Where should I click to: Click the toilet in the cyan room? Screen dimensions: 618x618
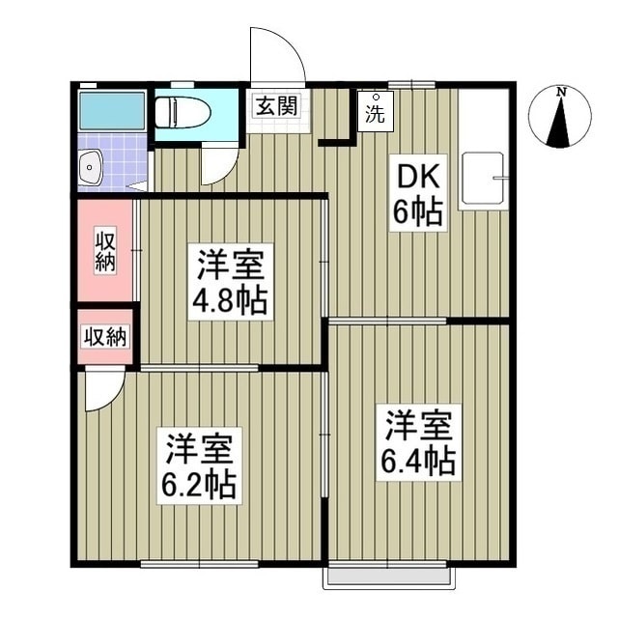(x=183, y=112)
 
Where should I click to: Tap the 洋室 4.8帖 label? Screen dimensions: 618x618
(x=230, y=283)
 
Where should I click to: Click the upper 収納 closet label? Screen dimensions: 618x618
(x=105, y=250)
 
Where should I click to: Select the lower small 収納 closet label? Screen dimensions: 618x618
(x=104, y=337)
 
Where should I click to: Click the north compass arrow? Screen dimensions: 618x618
(x=559, y=125)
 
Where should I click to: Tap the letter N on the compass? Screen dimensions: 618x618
(x=560, y=92)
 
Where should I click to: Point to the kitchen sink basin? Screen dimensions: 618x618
(x=484, y=179)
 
